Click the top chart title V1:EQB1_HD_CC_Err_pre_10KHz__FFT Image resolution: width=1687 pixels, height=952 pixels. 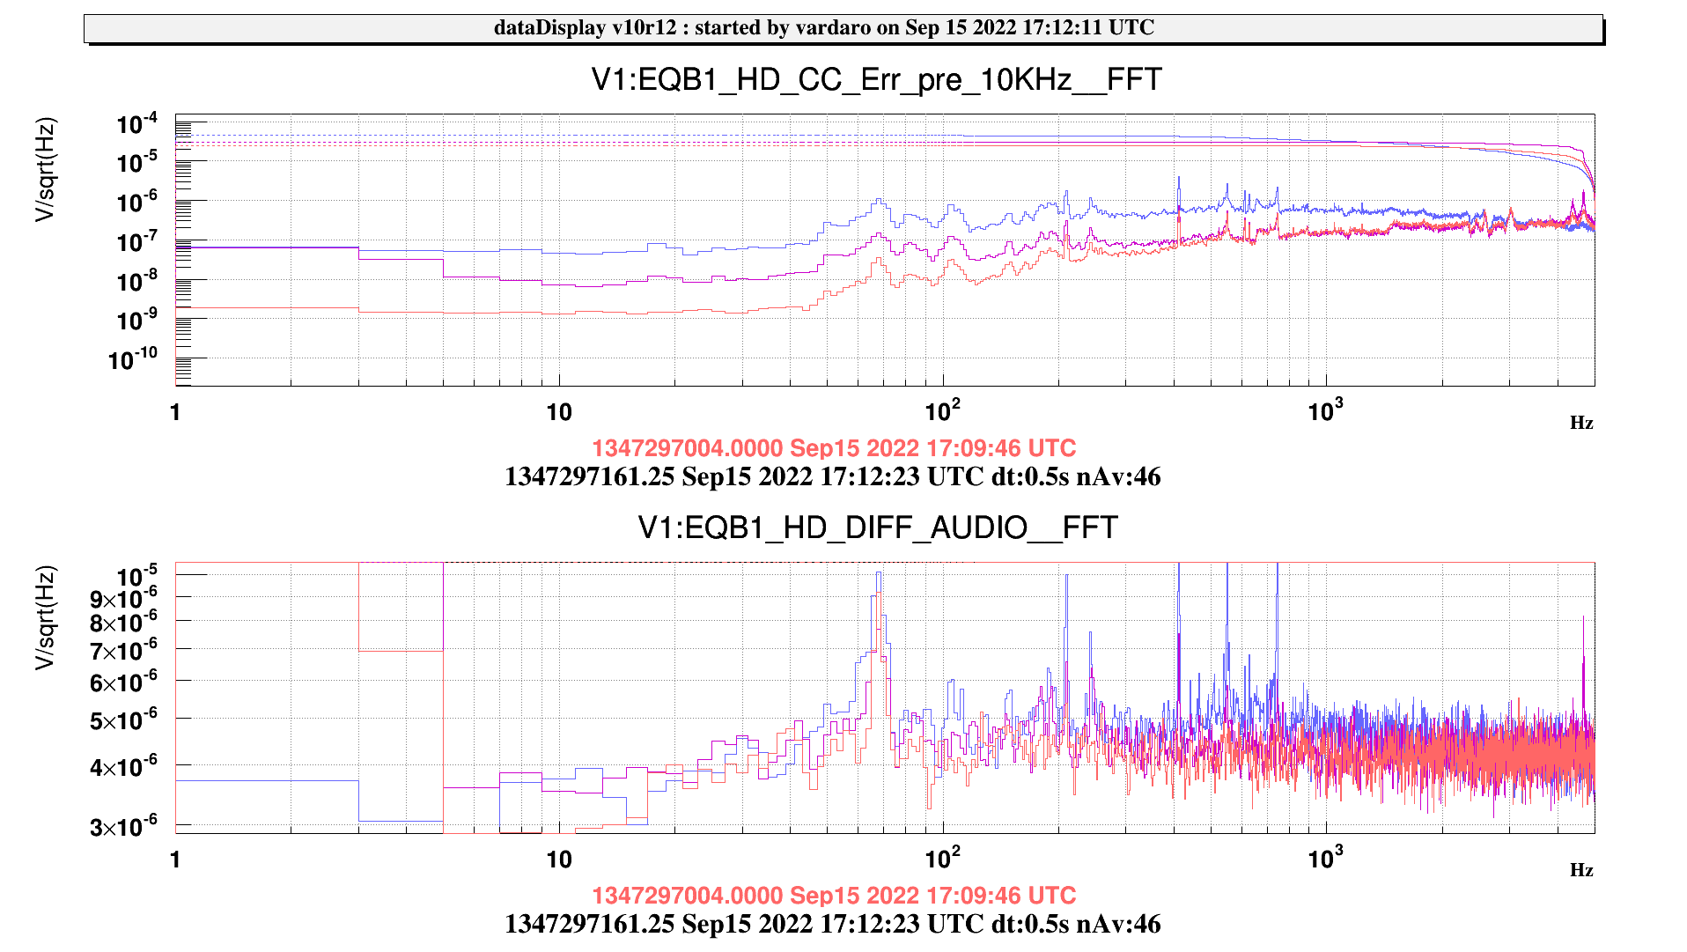pyautogui.click(x=876, y=80)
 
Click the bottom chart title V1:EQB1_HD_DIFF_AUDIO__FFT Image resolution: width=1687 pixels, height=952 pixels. pyautogui.click(x=877, y=528)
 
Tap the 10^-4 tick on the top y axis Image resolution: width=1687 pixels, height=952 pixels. pyautogui.click(x=136, y=124)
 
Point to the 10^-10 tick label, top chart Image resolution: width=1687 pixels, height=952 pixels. pyautogui.click(x=133, y=359)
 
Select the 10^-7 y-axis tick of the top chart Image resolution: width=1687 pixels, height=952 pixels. pyautogui.click(x=136, y=241)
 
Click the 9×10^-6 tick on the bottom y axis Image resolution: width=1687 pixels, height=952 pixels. pyautogui.click(x=124, y=600)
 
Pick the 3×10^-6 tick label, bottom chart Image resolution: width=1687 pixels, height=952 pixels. pyautogui.click(x=124, y=827)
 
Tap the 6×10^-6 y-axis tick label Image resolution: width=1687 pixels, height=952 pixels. pyautogui.click(x=124, y=683)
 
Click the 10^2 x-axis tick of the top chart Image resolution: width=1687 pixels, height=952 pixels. pyautogui.click(x=942, y=411)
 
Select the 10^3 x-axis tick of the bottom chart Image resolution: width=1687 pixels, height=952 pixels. pyautogui.click(x=1325, y=858)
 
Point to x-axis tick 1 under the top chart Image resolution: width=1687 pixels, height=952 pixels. pyautogui.click(x=176, y=412)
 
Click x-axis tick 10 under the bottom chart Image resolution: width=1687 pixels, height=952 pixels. pyautogui.click(x=559, y=860)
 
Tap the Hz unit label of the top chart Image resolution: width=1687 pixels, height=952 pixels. pyautogui.click(x=1581, y=423)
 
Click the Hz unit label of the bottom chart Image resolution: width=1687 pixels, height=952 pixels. pyautogui.click(x=1581, y=870)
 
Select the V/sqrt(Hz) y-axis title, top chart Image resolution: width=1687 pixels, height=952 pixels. pyautogui.click(x=45, y=169)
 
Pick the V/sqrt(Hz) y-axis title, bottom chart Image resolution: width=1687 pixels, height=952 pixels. pyautogui.click(x=45, y=616)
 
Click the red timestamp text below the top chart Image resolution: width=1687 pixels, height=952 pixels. pyautogui.click(x=833, y=448)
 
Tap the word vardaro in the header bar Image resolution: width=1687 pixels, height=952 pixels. pyautogui.click(x=833, y=27)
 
